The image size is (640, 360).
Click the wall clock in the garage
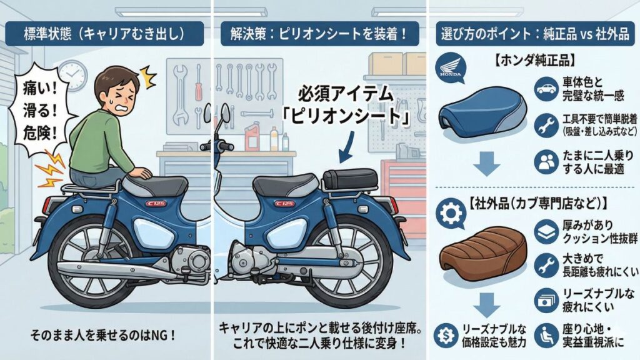tap(73, 76)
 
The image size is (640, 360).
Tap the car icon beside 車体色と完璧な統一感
tap(547, 89)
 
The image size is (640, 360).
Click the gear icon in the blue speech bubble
tap(451, 214)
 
